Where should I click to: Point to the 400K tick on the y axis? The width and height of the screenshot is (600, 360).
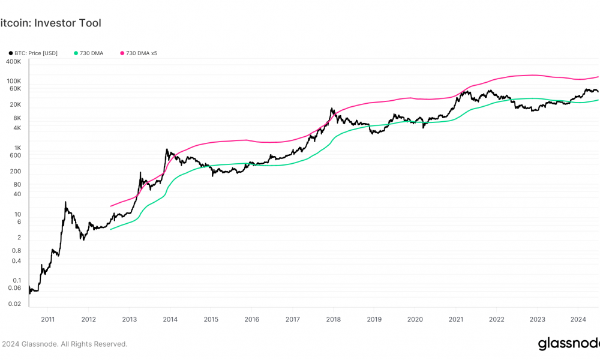13,61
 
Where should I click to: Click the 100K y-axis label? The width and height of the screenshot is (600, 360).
13,81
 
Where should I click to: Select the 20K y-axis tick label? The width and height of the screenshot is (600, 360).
15,104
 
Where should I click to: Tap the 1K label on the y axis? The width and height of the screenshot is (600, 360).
17,148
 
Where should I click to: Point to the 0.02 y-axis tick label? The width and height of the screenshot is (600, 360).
14,304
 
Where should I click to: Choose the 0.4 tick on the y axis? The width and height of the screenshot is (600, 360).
16,260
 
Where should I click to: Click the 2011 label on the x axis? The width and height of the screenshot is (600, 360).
48,319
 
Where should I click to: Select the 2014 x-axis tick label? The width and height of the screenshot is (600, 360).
170,319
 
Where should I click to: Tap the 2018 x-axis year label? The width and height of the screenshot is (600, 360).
333,319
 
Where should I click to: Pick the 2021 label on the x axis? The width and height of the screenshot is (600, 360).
456,319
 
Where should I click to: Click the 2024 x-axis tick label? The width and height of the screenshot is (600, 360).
578,319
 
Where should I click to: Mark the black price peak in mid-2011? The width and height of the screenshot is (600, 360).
65,202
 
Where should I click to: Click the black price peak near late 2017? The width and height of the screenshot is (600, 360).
331,109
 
